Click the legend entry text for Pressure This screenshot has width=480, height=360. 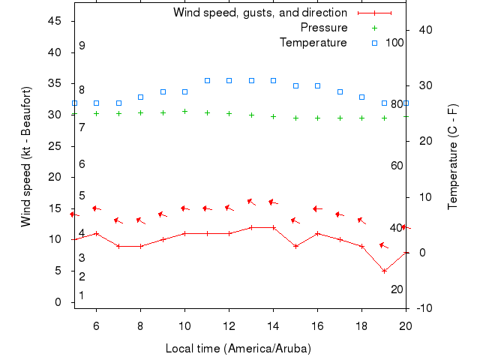coord(323,28)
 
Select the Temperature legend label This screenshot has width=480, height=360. coord(313,43)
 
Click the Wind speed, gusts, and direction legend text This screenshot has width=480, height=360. coord(259,13)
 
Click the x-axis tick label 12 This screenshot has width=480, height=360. coord(229,325)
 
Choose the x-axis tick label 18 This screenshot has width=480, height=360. coord(361,325)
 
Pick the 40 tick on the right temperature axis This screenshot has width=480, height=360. coord(420,30)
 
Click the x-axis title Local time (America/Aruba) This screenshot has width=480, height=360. coord(238,349)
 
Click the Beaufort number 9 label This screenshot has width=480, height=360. coord(82,46)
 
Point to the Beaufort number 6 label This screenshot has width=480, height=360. coord(82,164)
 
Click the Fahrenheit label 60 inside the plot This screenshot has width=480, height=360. coord(397,165)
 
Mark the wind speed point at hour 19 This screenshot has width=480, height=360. coord(384,271)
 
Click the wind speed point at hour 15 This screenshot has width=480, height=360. coord(295,246)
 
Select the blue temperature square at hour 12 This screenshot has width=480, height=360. coord(229,80)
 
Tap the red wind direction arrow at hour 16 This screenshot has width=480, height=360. coord(317,208)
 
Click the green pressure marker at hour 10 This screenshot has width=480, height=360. coord(184,111)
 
